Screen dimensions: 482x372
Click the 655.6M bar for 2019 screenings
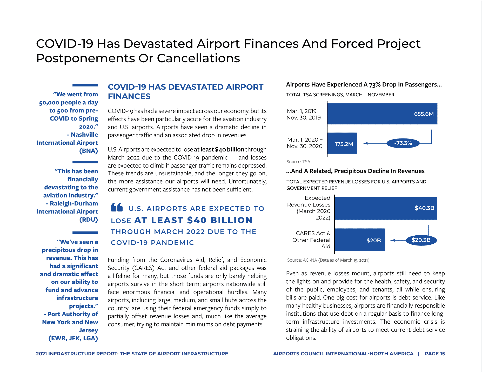click(382, 114)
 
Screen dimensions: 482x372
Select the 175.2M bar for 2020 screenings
click(342, 143)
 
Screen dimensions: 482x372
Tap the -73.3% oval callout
click(403, 143)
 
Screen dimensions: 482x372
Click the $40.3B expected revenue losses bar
click(386, 208)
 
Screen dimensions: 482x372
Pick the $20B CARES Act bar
click(360, 240)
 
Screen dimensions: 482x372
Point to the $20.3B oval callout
click(421, 240)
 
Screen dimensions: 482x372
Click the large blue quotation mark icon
click(117, 207)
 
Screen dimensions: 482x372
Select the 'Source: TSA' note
click(298, 162)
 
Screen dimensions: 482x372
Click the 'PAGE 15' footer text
click(435, 354)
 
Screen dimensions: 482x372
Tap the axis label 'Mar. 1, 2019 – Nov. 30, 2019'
click(304, 114)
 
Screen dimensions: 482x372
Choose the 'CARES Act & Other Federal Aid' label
click(311, 240)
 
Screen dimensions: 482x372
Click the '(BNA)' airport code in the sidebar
click(89, 151)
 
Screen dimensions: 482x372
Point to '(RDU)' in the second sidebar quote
click(89, 220)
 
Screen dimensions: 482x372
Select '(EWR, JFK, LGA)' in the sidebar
click(73, 338)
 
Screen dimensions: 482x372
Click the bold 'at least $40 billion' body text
click(219, 149)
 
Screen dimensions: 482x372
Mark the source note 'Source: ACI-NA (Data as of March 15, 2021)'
click(328, 260)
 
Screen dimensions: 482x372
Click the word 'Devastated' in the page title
click(158, 43)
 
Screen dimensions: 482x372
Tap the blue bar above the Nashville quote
click(85, 85)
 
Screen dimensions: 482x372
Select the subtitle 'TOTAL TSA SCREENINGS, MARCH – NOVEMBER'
click(340, 95)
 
